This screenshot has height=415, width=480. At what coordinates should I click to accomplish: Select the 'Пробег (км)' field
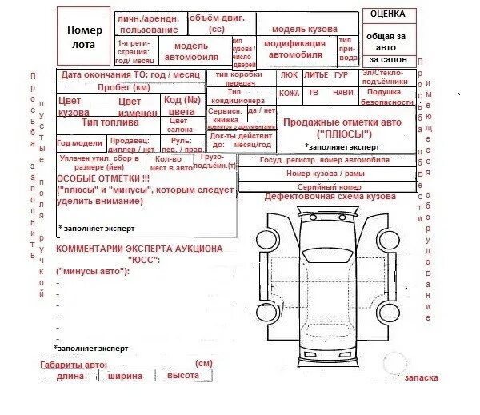tap(123, 87)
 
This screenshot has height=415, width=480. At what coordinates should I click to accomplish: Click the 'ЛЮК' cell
tap(289, 75)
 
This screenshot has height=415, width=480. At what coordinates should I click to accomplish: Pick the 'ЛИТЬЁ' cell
tap(317, 75)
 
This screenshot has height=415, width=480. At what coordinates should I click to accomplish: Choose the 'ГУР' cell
tap(342, 75)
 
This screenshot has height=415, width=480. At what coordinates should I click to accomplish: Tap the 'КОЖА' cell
tap(290, 94)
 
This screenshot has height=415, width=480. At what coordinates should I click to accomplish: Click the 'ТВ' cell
tap(314, 94)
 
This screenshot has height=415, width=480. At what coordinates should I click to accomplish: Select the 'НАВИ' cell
tap(342, 94)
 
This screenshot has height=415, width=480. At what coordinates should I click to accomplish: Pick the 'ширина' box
tap(126, 377)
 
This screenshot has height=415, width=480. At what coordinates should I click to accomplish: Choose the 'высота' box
tap(183, 376)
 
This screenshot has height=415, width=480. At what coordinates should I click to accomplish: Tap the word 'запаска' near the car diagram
tap(422, 377)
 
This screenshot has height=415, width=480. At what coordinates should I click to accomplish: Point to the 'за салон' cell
tap(389, 60)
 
